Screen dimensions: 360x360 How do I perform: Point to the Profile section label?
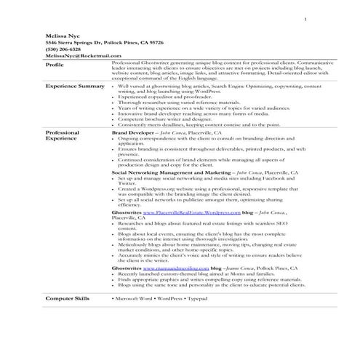55,65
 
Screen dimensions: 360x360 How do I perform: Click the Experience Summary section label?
75,87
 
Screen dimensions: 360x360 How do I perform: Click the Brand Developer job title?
133,134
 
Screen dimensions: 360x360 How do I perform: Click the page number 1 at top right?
305,19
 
